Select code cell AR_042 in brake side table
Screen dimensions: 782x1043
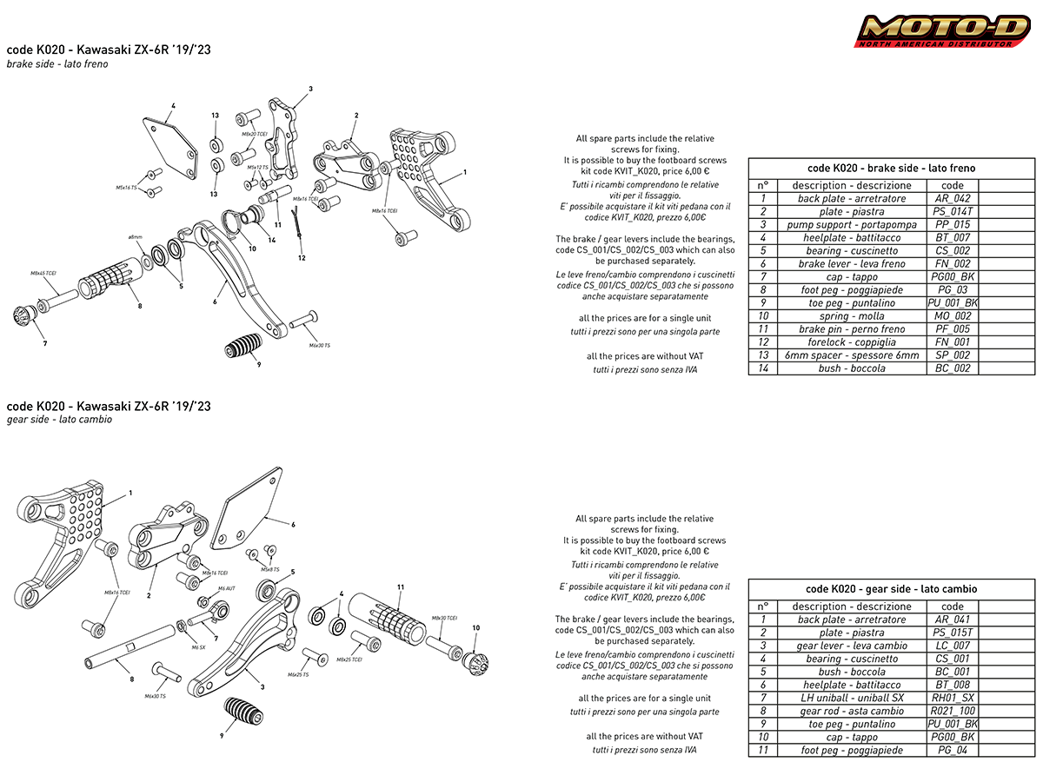coord(953,199)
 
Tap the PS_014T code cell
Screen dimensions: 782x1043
coord(953,212)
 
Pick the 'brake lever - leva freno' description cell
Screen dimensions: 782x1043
coord(851,264)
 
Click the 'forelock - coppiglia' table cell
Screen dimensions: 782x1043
coord(851,342)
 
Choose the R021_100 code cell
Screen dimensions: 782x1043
coord(953,711)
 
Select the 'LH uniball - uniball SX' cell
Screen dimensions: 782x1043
coord(851,698)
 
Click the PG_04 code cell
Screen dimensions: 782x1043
coord(953,750)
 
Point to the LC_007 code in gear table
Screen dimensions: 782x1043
coord(953,646)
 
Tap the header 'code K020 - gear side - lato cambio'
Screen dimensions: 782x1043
coord(891,588)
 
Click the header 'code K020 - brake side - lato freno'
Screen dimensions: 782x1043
coord(891,168)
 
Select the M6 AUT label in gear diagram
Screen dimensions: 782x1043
coord(226,589)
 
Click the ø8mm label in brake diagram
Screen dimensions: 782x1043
coord(135,236)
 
